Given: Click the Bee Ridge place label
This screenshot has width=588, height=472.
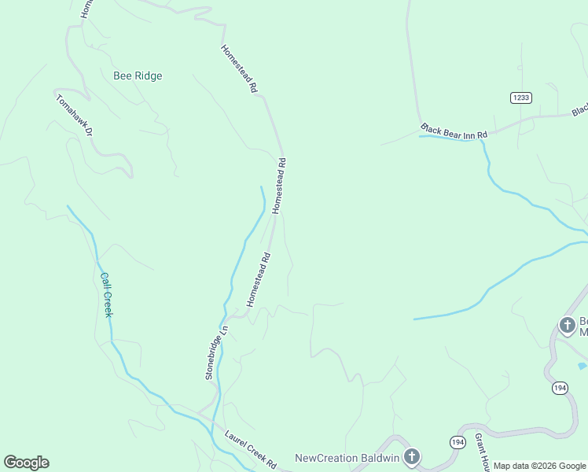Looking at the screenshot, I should tap(138, 76).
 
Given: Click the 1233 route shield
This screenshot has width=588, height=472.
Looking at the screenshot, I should tap(520, 98).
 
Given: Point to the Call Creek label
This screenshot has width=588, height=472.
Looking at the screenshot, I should tap(106, 295).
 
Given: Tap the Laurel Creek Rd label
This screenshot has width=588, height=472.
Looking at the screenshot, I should tap(251, 449).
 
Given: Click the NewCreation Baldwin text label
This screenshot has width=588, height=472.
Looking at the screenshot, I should tap(347, 458).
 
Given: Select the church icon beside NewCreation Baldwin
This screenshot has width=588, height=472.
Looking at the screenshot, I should tap(411, 457).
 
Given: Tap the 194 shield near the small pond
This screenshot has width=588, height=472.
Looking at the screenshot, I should tap(559, 388).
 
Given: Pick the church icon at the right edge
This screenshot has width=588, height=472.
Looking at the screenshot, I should tap(567, 325).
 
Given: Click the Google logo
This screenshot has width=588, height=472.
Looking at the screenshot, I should tap(26, 463).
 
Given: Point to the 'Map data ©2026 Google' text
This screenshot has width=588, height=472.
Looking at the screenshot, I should tap(539, 466).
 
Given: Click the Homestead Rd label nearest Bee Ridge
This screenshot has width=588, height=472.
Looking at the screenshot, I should tap(238, 68).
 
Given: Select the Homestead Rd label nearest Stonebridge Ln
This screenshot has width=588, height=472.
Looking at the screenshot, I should tap(259, 279).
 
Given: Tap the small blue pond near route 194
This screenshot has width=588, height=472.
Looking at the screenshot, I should tap(582, 366).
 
